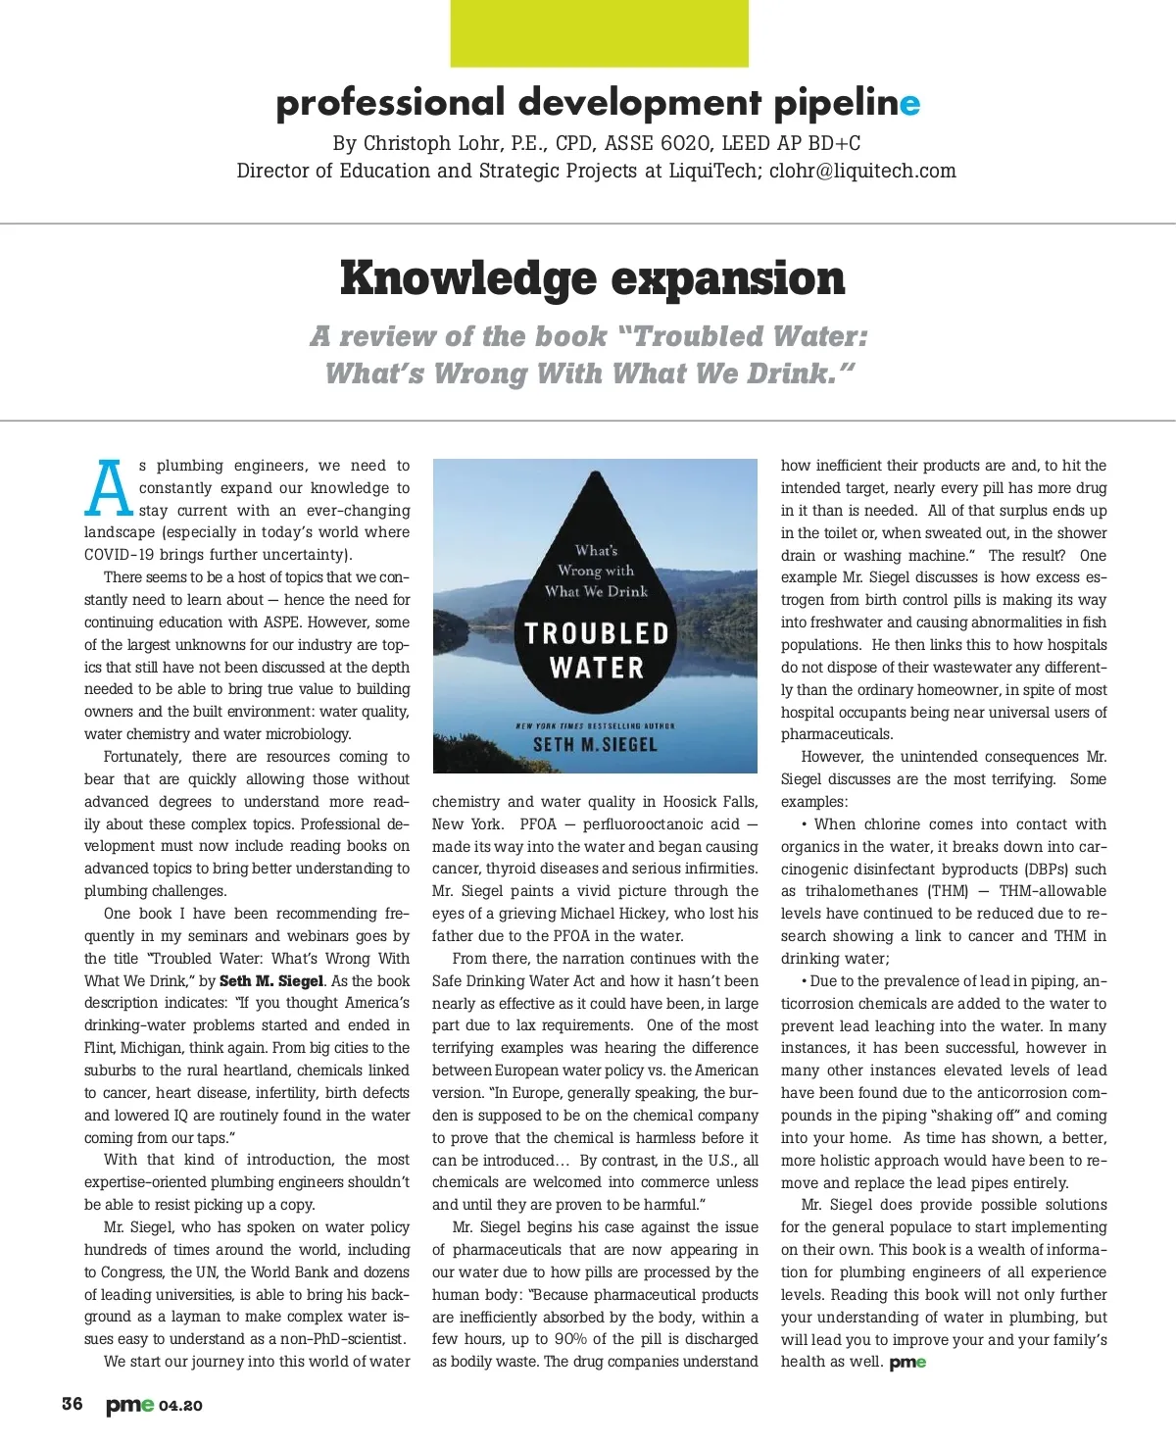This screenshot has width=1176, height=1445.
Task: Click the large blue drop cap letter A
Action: point(109,487)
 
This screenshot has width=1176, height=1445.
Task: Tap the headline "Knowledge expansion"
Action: point(592,278)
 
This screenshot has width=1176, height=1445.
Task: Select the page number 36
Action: point(73,1404)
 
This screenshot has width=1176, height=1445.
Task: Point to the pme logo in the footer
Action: point(129,1405)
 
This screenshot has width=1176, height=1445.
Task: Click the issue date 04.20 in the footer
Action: point(180,1406)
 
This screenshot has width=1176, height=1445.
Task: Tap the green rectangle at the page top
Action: point(599,33)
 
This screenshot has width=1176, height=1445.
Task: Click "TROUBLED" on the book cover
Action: point(596,633)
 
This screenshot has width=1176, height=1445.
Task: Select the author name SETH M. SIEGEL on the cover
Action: point(595,745)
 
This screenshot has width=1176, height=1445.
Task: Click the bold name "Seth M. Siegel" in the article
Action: point(271,980)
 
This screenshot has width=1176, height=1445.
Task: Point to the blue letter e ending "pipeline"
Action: point(910,103)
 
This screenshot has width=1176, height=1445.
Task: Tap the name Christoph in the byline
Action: point(408,143)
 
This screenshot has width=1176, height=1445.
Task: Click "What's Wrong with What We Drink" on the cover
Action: point(596,571)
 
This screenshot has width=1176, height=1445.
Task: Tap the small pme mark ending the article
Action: point(907,1363)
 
